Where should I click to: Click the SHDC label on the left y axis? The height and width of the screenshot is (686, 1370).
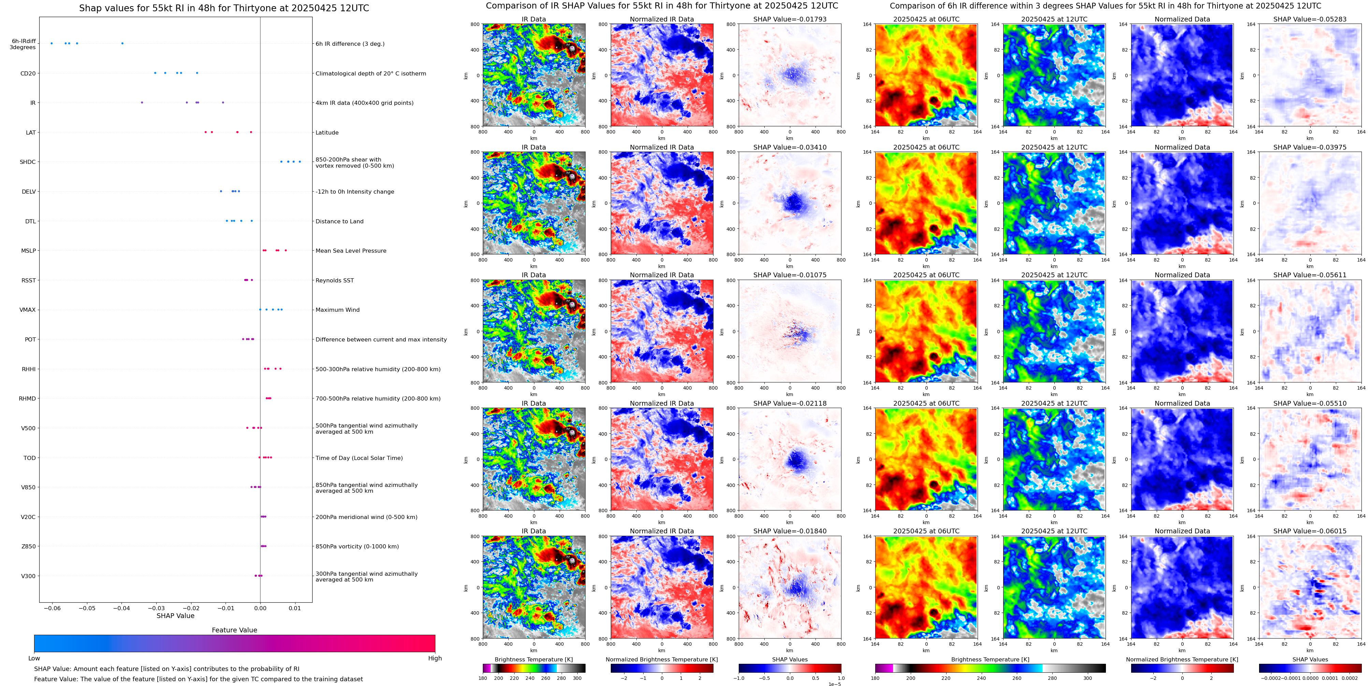(28, 162)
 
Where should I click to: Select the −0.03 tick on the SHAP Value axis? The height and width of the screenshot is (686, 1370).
(156, 608)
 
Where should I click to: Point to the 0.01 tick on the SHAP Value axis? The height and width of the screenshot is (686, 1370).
(294, 608)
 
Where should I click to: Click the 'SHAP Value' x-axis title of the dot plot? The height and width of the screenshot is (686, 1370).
(175, 616)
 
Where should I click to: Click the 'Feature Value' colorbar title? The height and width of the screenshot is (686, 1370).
(234, 630)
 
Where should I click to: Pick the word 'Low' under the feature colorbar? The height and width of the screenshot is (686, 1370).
(34, 658)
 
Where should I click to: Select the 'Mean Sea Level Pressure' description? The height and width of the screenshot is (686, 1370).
(350, 251)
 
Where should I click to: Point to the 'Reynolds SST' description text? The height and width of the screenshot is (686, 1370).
(334, 280)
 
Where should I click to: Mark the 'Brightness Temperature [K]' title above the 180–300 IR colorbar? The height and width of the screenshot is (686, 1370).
(533, 659)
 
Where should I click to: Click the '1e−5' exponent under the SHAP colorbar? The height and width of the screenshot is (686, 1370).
(834, 684)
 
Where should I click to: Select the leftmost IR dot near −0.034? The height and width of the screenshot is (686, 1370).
(142, 102)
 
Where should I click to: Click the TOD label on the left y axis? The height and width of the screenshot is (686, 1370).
(29, 458)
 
